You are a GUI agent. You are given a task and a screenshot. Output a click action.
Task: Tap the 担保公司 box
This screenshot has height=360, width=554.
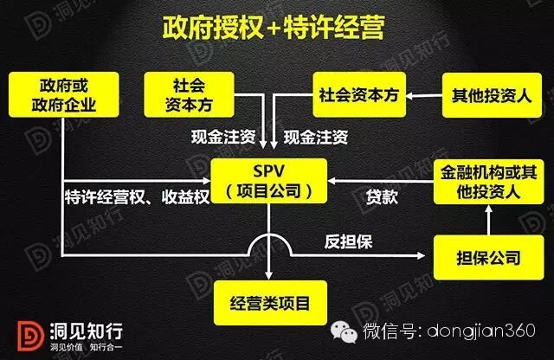click(x=489, y=257)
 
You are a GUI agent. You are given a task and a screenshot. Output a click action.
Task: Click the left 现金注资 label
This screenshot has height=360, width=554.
click(x=223, y=137)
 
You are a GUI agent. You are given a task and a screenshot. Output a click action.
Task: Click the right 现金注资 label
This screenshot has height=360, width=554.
click(x=317, y=137)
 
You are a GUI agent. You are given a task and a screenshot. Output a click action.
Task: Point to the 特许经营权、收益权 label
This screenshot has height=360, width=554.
click(x=137, y=196)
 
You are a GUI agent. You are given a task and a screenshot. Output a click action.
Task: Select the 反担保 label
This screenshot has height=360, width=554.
click(x=349, y=241)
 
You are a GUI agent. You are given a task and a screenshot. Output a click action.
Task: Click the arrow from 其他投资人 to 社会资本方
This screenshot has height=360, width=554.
click(x=424, y=96)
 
